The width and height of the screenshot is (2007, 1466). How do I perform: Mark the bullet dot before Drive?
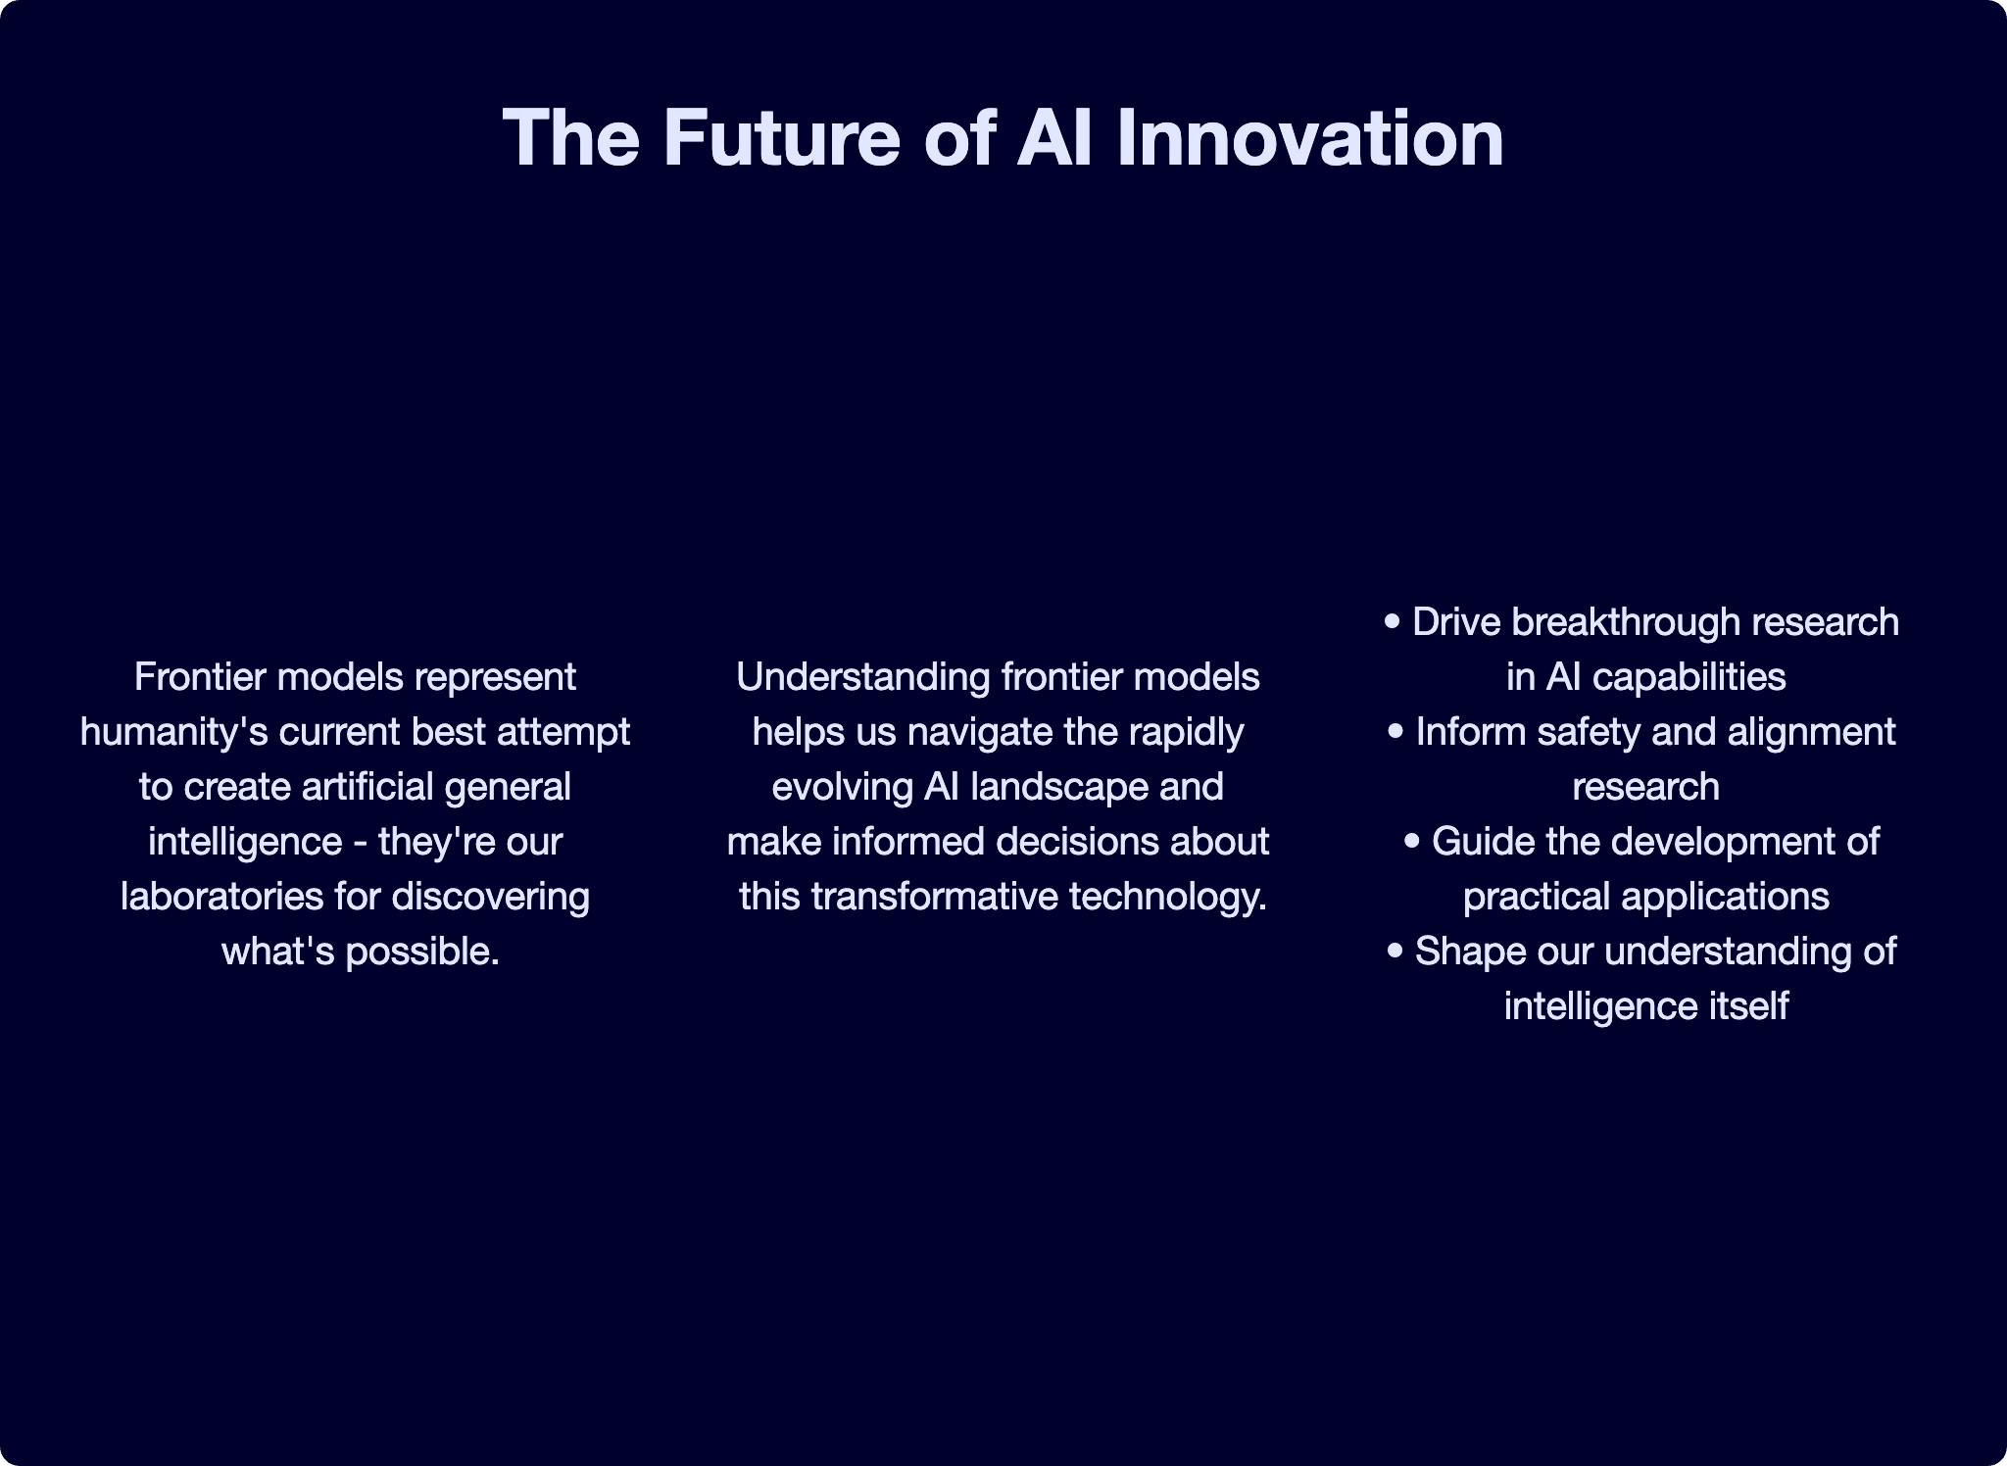(x=1393, y=622)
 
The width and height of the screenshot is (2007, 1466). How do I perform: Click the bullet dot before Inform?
(x=1396, y=732)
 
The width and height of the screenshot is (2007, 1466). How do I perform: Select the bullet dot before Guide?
(x=1412, y=842)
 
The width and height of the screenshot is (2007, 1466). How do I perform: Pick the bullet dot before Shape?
(x=1395, y=952)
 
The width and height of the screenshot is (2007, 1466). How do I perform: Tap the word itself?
(x=1755, y=1006)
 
